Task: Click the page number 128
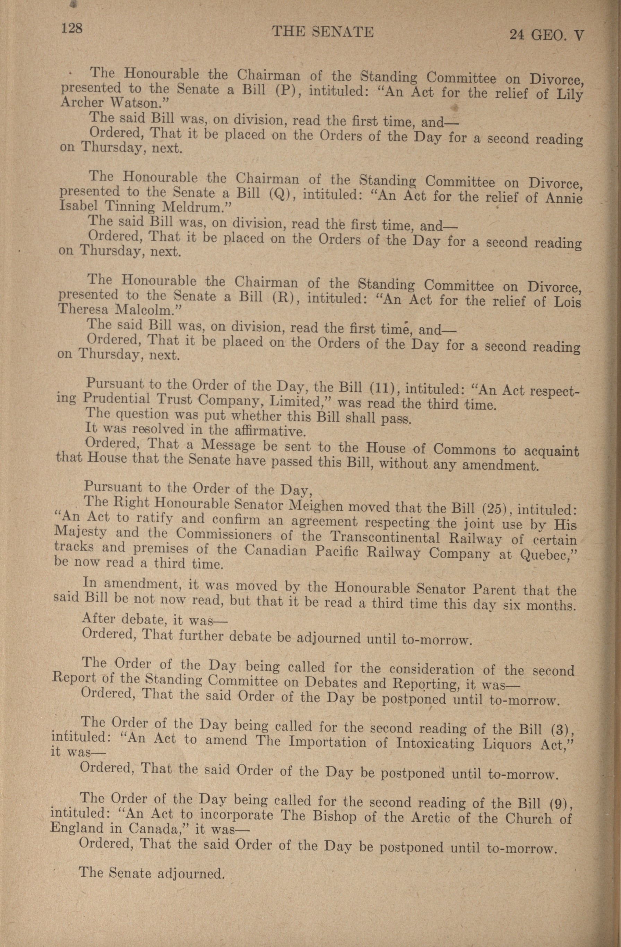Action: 71,28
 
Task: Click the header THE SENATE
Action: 322,32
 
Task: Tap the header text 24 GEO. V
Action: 546,35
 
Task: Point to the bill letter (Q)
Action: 282,194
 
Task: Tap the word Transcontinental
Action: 385,538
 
